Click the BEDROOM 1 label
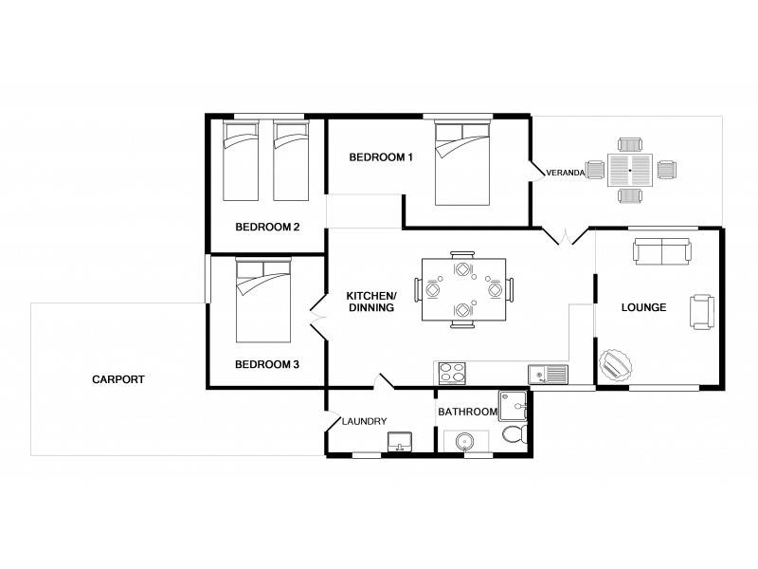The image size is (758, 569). point(381,157)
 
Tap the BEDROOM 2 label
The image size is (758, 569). point(267,227)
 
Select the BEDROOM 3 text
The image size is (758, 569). point(267,364)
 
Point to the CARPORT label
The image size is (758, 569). point(118,379)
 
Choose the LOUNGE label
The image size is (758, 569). point(643,308)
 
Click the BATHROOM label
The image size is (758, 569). point(467,412)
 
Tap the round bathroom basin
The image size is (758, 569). point(464,441)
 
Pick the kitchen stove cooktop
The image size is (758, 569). point(452,374)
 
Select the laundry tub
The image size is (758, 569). point(400,441)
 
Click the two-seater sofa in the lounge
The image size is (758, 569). point(660,251)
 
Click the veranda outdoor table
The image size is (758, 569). point(630,171)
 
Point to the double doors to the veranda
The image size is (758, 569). point(563,234)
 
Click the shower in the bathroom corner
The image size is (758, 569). point(514,406)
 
